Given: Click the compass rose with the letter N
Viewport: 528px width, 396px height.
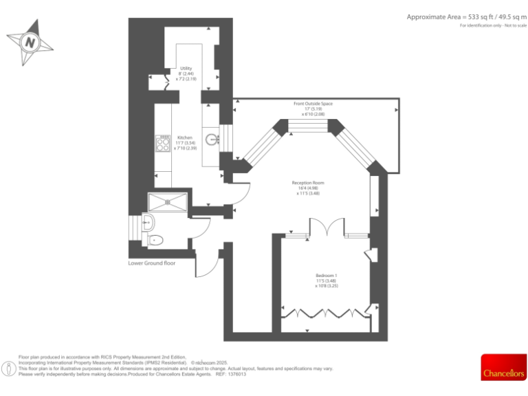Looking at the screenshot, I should click(30, 43).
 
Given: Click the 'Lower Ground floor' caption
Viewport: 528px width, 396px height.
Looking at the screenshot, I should click(152, 263).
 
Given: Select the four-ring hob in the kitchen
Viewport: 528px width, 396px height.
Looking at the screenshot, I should click(164, 144).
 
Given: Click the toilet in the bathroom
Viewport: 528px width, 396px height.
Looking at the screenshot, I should click(155, 241).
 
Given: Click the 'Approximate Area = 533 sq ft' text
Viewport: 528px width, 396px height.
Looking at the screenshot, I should click(465, 16).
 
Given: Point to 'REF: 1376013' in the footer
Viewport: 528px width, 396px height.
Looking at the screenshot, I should click(230, 374).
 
